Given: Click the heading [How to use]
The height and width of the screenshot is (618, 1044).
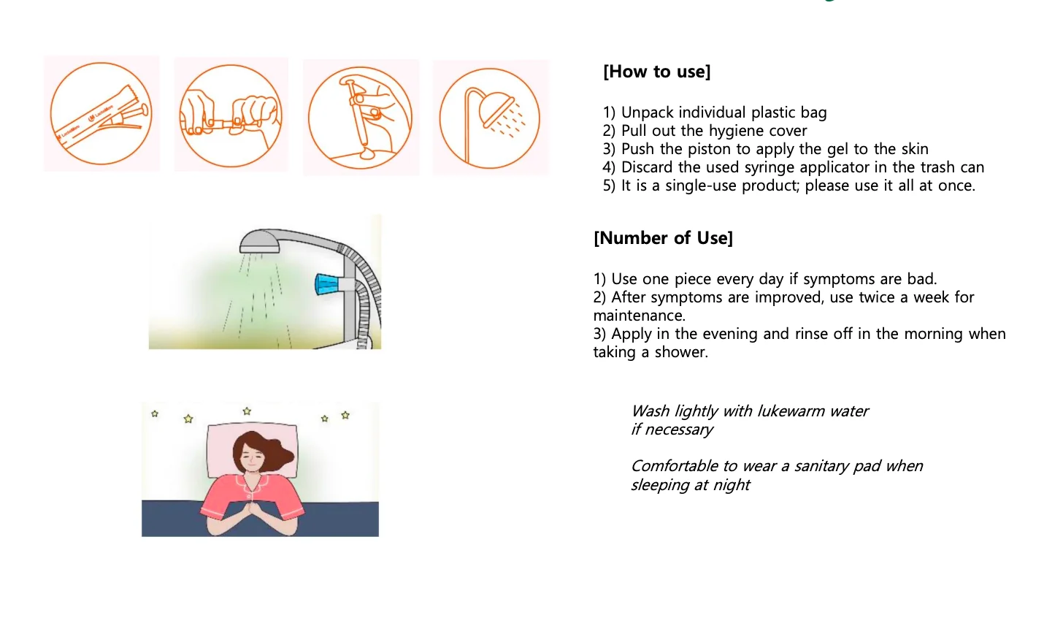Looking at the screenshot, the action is point(656,72).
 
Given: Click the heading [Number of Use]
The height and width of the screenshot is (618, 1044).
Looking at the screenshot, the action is point(663,238).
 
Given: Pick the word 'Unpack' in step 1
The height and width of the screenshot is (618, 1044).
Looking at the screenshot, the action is point(647,113).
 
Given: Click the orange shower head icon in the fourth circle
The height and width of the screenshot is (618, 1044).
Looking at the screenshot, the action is point(498,108).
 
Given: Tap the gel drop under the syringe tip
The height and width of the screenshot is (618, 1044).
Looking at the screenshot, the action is point(367,153).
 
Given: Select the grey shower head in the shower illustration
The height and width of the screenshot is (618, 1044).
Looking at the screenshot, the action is point(259,242).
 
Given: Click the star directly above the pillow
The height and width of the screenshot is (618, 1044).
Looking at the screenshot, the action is point(247,411).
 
